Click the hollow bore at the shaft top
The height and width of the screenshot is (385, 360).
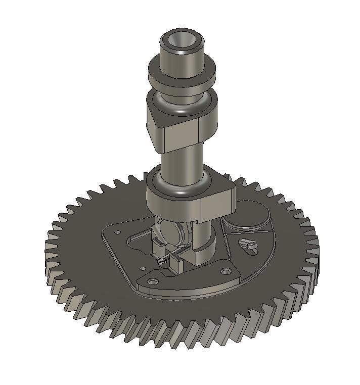click(x=182, y=40)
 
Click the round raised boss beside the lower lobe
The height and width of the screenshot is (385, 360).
click(x=248, y=215)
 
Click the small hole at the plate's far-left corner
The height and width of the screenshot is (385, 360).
click(x=117, y=232)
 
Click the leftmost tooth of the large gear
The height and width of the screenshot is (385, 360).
click(x=51, y=248)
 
